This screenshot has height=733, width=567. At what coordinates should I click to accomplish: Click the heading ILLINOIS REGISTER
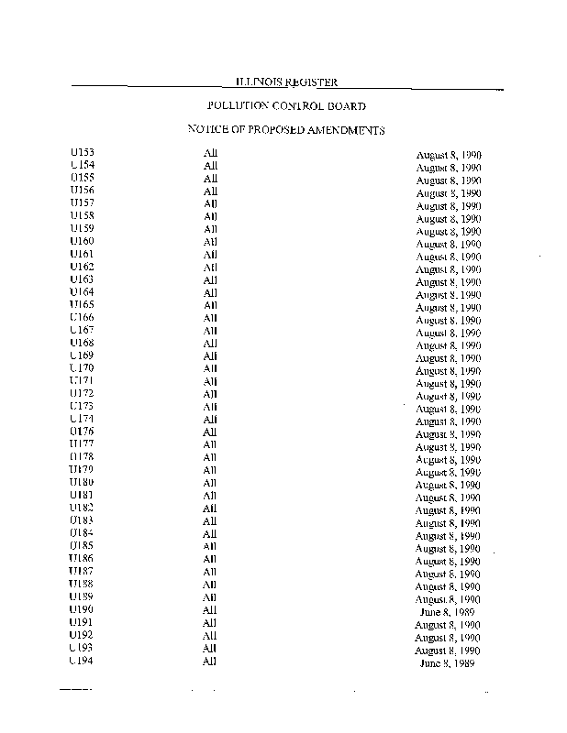[288, 82]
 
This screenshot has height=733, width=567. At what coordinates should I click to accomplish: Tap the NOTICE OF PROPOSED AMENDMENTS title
[285, 130]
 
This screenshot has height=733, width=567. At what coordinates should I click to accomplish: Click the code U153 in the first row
[82, 153]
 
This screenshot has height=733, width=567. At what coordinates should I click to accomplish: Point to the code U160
[82, 242]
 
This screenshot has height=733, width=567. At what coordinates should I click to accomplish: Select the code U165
[82, 305]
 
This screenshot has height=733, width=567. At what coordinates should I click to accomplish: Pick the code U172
[82, 394]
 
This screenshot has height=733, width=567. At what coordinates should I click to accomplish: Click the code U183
[82, 520]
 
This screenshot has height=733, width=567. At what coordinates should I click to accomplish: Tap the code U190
[82, 609]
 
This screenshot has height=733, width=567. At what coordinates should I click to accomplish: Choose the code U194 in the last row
[82, 661]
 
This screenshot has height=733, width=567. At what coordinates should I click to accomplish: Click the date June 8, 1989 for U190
[448, 611]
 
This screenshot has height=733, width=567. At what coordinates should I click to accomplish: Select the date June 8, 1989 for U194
[448, 662]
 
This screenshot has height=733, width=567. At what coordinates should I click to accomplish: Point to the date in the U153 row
[449, 156]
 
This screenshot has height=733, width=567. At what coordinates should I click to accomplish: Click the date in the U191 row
[448, 624]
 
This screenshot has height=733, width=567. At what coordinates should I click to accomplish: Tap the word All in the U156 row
[210, 191]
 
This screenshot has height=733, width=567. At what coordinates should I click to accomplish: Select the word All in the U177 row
[210, 444]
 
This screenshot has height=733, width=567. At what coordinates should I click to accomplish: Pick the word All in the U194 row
[210, 661]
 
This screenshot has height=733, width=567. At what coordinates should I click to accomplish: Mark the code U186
[82, 559]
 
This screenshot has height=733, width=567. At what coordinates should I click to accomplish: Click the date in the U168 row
[449, 345]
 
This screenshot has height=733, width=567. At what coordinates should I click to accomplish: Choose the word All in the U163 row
[210, 279]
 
